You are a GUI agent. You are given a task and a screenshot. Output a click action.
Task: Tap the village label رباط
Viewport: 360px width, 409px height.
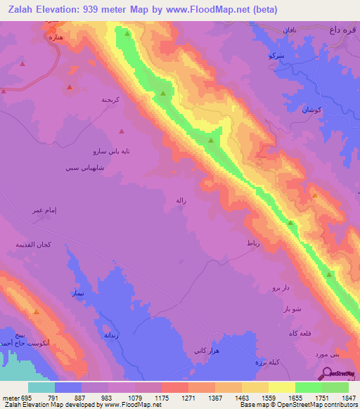(x=254, y=242)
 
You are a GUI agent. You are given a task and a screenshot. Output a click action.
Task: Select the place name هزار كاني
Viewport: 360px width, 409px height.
(x=207, y=349)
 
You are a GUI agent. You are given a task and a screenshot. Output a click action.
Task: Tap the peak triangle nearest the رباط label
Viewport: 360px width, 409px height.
(x=290, y=223)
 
